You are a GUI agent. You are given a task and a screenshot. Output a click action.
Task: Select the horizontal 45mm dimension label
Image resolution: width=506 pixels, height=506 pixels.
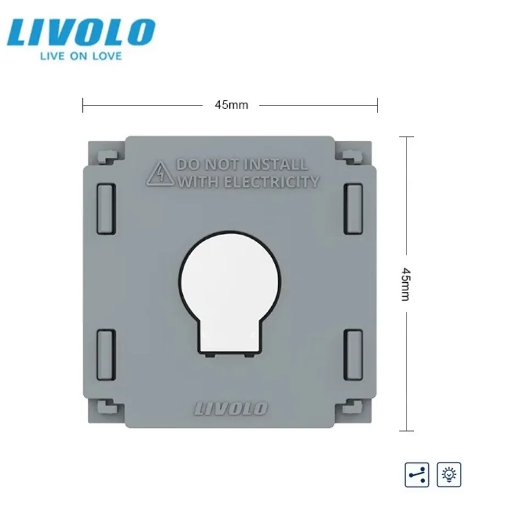[x=230, y=105]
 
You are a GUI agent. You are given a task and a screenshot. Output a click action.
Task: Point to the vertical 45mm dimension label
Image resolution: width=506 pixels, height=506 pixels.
[x=406, y=284]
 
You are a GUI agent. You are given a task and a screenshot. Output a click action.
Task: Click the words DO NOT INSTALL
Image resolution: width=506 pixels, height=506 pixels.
[x=241, y=165]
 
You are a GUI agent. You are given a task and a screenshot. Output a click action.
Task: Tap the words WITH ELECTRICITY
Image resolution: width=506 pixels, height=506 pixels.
[x=249, y=182]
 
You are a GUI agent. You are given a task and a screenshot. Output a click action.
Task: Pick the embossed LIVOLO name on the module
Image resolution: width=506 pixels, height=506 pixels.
[x=231, y=408]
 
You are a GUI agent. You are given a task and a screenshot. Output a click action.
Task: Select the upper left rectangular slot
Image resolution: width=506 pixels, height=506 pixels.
[x=106, y=209]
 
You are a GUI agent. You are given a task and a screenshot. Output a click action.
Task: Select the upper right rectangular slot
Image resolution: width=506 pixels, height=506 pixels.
[x=353, y=209]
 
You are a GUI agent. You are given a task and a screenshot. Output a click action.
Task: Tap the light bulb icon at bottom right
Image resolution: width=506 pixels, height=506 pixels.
[x=449, y=473]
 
